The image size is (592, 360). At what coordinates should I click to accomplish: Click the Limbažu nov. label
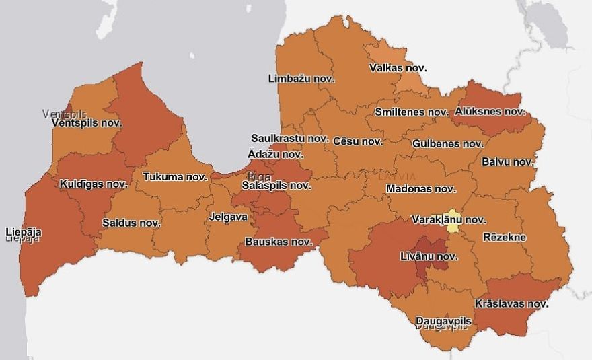point(301,79)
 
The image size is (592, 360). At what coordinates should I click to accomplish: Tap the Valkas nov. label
point(398,68)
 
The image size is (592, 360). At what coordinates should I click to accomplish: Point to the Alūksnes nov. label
point(490,112)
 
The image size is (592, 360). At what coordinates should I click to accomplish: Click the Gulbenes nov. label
point(447,144)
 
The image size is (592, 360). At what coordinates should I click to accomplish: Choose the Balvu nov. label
point(508,162)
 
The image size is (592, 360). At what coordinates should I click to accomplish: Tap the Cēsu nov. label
point(357,142)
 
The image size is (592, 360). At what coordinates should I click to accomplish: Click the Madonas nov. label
point(421,189)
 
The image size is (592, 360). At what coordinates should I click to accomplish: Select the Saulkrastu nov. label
point(288,138)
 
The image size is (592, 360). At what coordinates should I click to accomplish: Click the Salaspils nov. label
point(276,186)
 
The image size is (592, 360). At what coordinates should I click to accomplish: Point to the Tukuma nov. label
point(175,178)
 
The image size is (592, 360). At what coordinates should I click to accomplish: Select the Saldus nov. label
point(131,223)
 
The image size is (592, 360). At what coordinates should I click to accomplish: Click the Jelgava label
point(228,217)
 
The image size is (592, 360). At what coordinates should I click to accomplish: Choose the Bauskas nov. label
point(279,242)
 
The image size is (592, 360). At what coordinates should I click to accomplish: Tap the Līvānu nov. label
point(429,257)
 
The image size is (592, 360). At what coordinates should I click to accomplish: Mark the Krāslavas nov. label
point(511,303)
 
